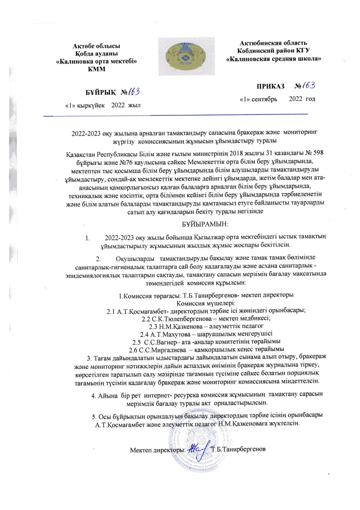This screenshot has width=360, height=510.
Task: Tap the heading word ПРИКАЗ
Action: (x=257, y=86)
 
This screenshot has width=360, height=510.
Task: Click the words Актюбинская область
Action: (x=268, y=43)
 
